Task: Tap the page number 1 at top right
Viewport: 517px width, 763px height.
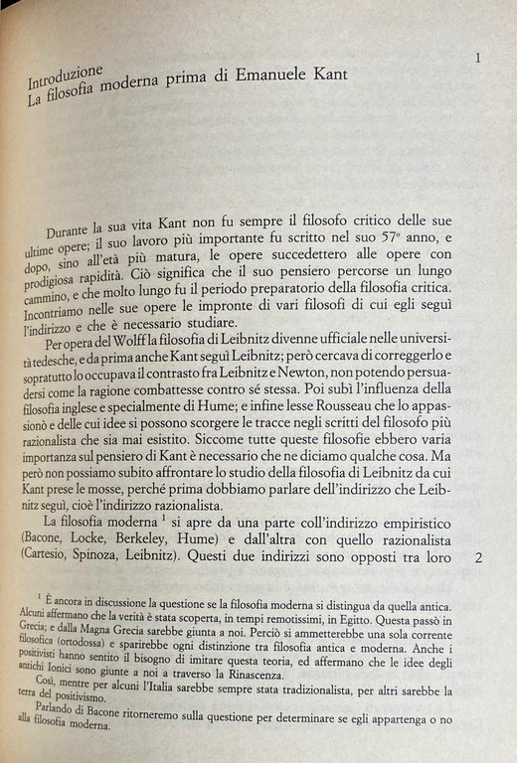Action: point(480,59)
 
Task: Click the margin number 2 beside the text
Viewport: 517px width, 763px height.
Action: point(480,558)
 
